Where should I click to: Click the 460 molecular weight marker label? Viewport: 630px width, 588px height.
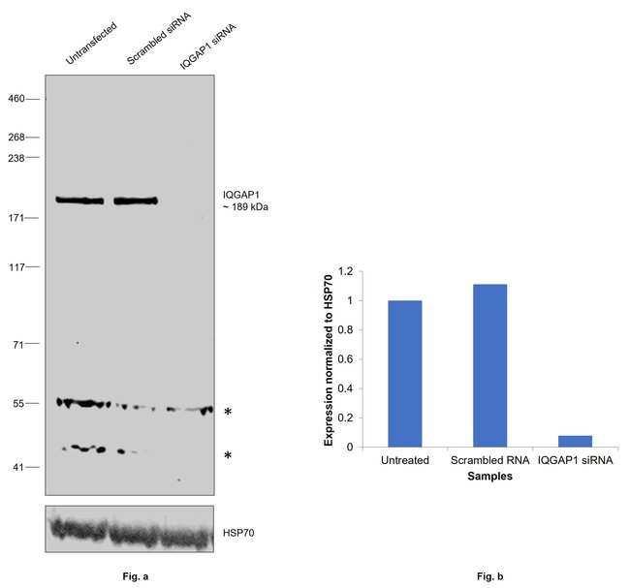click(16, 98)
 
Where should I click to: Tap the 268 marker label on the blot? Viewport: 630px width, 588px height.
click(16, 138)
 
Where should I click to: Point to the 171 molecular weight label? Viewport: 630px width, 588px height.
click(16, 218)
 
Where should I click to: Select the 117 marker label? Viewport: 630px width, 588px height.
click(16, 266)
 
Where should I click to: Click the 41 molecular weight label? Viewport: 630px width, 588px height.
click(19, 467)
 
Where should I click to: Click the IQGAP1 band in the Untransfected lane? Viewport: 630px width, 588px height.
click(79, 201)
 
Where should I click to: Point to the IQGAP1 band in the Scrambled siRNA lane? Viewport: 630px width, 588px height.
click(136, 201)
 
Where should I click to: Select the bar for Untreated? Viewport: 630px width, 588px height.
click(404, 374)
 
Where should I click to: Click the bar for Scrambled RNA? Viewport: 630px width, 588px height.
click(489, 365)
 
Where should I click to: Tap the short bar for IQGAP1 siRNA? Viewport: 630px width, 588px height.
click(575, 442)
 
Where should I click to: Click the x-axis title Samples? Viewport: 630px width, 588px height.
click(490, 477)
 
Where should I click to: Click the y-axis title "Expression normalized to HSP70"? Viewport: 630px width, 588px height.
click(330, 357)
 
